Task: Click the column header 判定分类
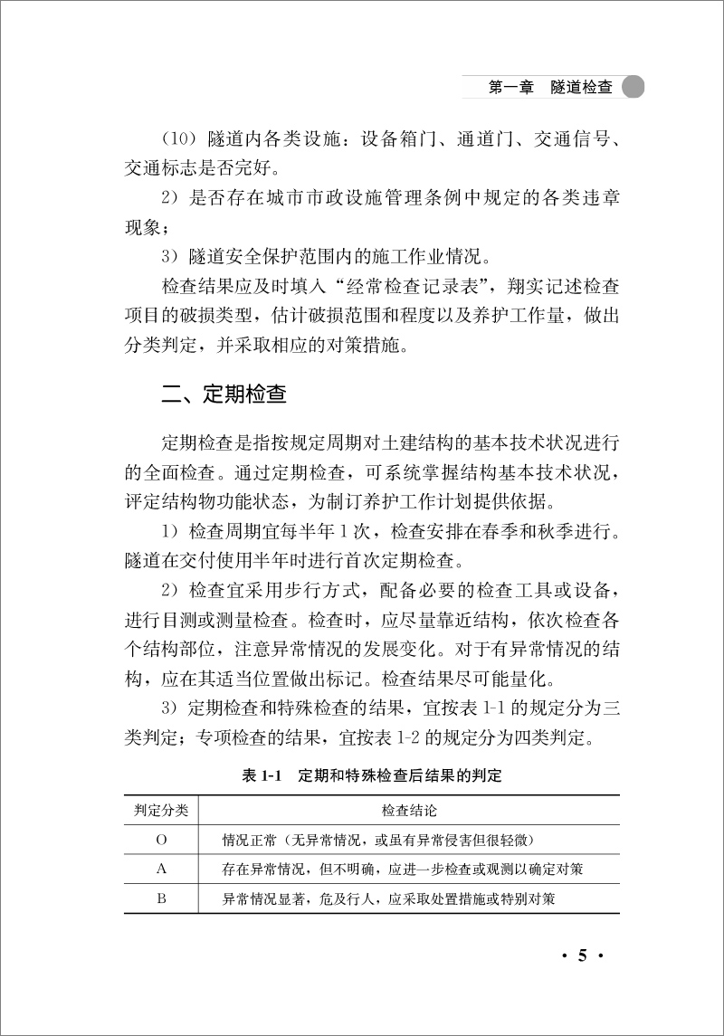click(x=161, y=809)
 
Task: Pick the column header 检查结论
click(x=409, y=809)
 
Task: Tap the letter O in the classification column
click(x=161, y=840)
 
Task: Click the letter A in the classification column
click(x=161, y=870)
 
